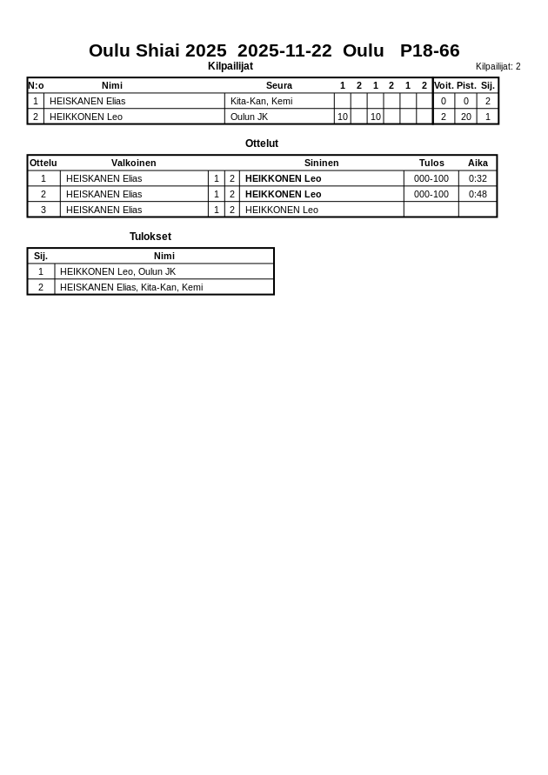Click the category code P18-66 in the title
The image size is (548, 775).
[430, 50]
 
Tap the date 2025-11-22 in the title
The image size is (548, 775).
[284, 50]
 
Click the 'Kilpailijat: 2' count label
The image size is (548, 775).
[498, 66]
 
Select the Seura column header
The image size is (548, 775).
[279, 85]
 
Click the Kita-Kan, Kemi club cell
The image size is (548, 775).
[261, 101]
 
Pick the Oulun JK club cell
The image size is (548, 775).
[249, 117]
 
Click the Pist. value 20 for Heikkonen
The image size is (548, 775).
[466, 117]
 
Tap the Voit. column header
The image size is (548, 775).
[444, 85]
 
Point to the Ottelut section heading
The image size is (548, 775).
[262, 144]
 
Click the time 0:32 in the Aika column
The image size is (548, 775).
[478, 178]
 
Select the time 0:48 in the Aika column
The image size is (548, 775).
[478, 194]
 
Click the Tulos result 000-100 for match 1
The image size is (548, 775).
[431, 178]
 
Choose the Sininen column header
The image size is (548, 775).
[321, 163]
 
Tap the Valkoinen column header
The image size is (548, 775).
[134, 163]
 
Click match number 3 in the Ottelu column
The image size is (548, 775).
[43, 210]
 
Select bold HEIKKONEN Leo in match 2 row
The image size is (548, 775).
[283, 194]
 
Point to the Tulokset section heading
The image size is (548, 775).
[150, 237]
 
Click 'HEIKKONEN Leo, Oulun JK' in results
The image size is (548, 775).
[117, 271]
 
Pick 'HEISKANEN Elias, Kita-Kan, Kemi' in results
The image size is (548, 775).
[131, 287]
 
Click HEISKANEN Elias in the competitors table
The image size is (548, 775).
[87, 101]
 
